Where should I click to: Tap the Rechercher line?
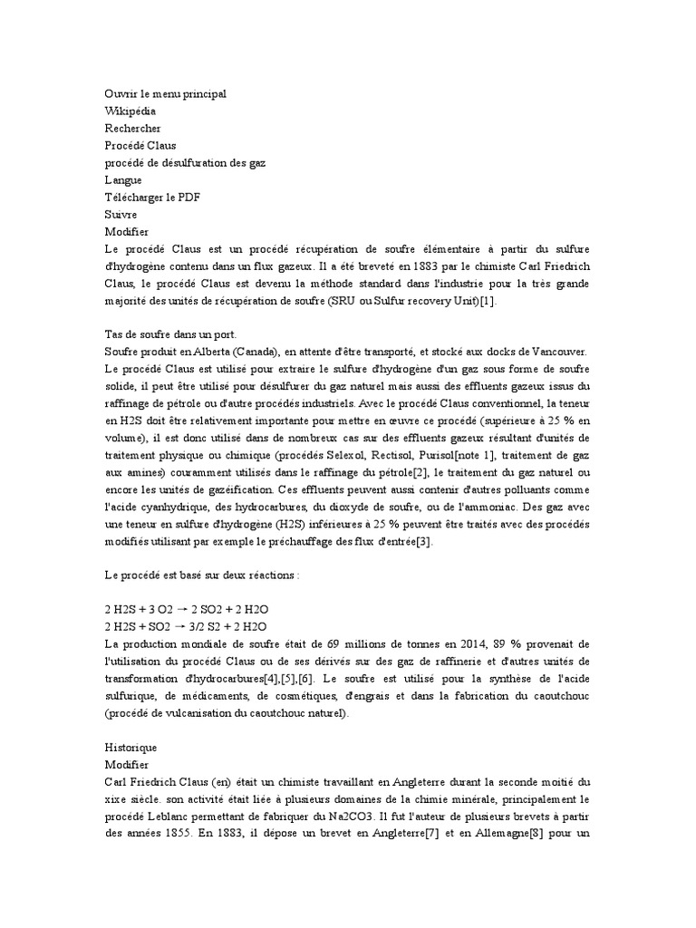(132, 128)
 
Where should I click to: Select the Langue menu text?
(124, 180)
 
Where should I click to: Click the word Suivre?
(121, 215)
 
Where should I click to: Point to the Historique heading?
(131, 747)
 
